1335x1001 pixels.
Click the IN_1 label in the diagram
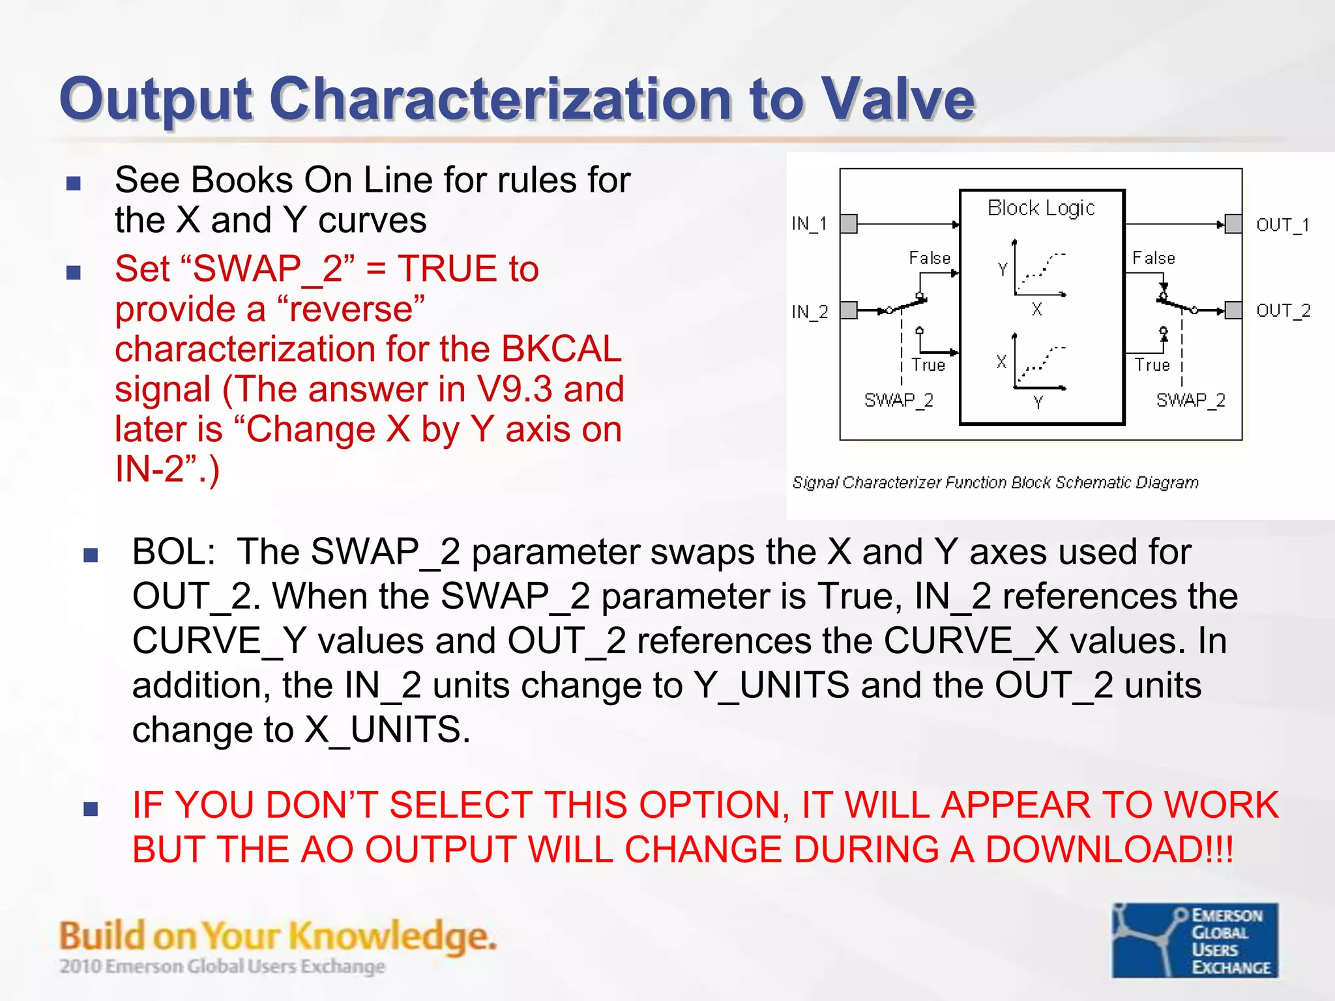[809, 224]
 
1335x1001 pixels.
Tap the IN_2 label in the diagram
[809, 312]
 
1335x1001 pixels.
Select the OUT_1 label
[1282, 225]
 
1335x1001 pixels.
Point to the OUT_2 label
[1282, 311]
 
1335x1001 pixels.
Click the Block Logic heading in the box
[1041, 208]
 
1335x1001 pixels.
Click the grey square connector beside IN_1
[849, 224]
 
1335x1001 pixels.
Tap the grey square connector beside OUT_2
[1233, 310]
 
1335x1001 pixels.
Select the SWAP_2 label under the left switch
[898, 400]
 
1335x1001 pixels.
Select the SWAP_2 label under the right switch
[1190, 400]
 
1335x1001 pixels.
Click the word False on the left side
[930, 258]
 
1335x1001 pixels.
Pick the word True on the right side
[1152, 365]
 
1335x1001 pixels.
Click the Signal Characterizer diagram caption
[995, 482]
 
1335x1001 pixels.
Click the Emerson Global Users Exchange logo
[1195, 940]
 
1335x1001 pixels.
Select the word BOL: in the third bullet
[173, 552]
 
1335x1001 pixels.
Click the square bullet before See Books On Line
[74, 183]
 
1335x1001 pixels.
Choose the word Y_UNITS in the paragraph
[771, 686]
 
